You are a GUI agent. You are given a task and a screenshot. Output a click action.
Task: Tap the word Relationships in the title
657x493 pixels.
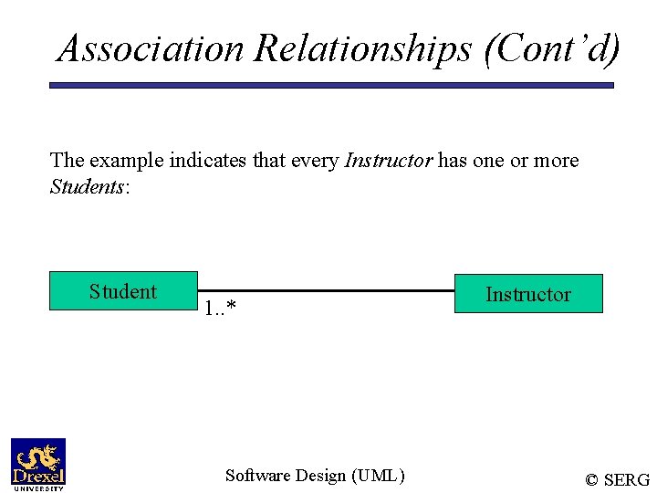coord(363,47)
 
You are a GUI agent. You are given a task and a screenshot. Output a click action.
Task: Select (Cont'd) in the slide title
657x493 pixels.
coord(553,47)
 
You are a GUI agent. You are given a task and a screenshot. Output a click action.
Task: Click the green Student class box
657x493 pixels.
coord(123,291)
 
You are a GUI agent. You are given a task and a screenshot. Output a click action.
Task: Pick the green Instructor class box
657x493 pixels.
coord(528,294)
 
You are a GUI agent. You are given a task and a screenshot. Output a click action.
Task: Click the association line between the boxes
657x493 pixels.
coord(326,291)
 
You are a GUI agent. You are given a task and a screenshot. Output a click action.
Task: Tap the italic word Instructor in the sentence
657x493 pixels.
coord(388,161)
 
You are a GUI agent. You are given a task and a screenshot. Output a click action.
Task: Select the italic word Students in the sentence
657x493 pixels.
coord(87,187)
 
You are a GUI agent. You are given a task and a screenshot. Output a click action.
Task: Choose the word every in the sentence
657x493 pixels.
coord(315,161)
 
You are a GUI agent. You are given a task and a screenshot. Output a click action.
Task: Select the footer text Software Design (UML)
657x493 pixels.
coord(315,475)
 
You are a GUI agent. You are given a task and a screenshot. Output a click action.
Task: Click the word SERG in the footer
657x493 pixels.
coord(629,480)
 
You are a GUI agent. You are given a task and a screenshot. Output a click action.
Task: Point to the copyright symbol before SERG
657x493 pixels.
coord(592,480)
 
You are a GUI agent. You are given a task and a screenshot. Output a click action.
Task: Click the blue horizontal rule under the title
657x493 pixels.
coord(331,86)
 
